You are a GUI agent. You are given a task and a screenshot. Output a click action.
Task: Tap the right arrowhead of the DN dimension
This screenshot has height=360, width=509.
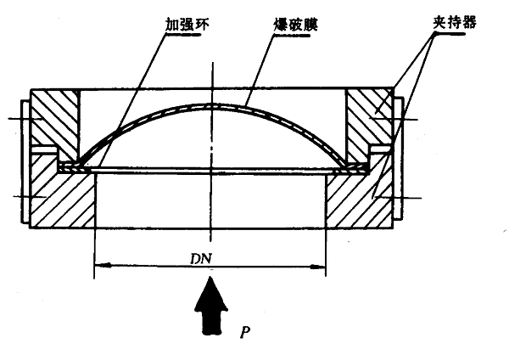[322, 266]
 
